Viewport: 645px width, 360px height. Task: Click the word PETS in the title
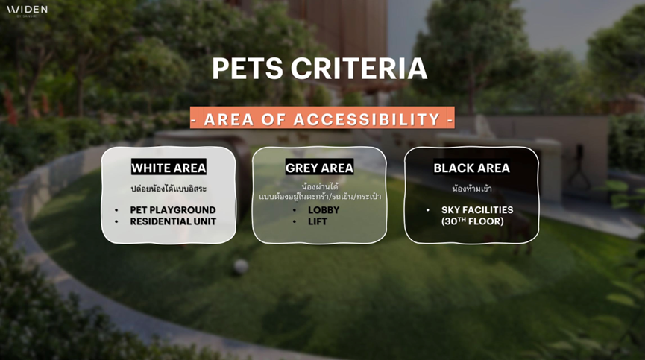(x=248, y=69)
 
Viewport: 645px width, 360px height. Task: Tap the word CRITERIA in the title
(x=359, y=69)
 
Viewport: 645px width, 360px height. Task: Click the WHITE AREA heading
(x=169, y=168)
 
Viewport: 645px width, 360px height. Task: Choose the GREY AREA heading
(x=320, y=168)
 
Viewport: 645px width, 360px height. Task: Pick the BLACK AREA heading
(x=471, y=168)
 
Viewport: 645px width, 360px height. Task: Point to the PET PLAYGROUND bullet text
(x=173, y=210)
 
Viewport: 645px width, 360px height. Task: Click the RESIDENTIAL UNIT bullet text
(x=173, y=221)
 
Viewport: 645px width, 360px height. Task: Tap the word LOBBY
(x=324, y=210)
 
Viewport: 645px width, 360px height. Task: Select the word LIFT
(x=317, y=221)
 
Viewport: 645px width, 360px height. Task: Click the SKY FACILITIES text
(x=477, y=210)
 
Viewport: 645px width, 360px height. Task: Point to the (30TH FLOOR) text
(x=472, y=221)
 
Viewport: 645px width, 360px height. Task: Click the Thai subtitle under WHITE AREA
(x=169, y=189)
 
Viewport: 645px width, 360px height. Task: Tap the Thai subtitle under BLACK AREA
(x=472, y=189)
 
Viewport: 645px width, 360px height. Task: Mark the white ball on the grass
(x=241, y=267)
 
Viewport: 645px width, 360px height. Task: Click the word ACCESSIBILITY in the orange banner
(x=367, y=119)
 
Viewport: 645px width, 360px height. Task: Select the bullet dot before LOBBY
(x=295, y=210)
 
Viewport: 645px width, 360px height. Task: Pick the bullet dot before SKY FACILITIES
(x=428, y=210)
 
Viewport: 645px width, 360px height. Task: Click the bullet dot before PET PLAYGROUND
(x=116, y=210)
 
